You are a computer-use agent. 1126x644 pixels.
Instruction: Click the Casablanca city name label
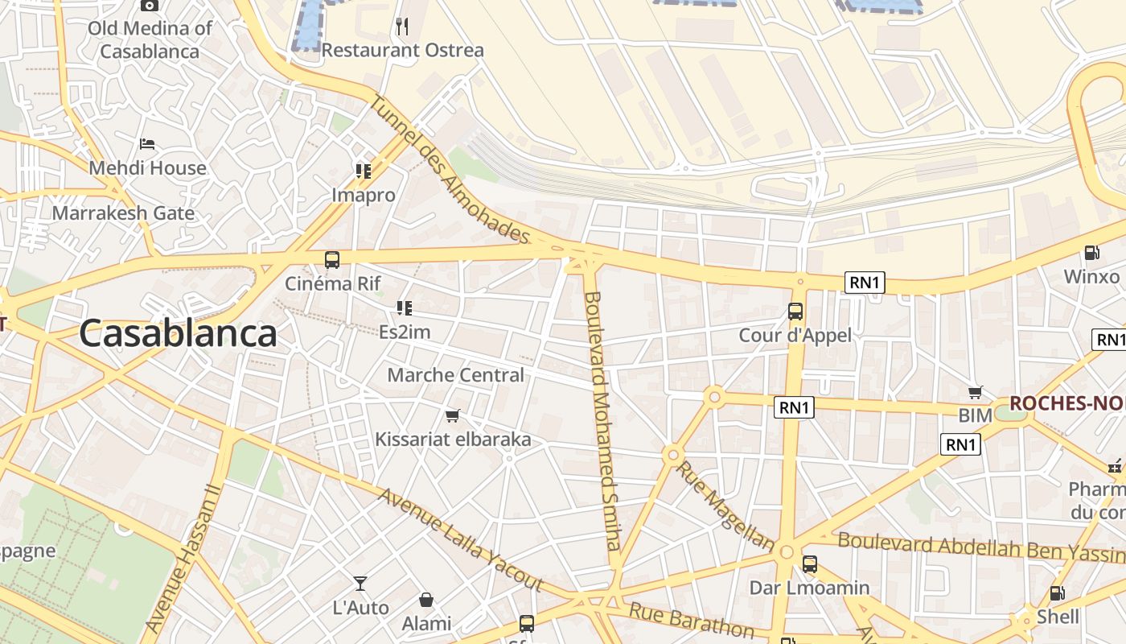(x=178, y=333)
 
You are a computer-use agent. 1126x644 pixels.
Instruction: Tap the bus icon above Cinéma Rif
(x=331, y=260)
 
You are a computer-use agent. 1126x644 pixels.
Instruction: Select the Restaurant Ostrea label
(x=403, y=50)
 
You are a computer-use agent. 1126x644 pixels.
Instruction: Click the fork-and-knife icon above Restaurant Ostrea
(x=402, y=27)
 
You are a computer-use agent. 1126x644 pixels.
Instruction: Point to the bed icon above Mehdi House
(x=147, y=144)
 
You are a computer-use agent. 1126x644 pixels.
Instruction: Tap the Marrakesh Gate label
(x=123, y=213)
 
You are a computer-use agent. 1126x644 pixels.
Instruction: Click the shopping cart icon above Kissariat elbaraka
(x=452, y=416)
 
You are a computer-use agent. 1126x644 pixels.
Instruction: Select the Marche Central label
(x=455, y=375)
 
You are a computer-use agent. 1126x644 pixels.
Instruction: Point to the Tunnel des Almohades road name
(x=450, y=170)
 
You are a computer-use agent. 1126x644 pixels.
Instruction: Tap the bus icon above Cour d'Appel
(x=795, y=312)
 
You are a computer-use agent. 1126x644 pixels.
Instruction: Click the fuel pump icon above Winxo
(x=1091, y=253)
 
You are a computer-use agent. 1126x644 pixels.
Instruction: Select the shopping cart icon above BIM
(x=976, y=393)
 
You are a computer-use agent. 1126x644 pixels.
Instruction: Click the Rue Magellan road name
(x=725, y=506)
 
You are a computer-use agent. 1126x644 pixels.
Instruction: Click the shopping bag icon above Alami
(x=426, y=600)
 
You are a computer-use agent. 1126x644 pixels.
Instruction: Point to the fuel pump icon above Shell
(x=1057, y=593)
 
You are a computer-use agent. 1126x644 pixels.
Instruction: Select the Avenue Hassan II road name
(x=182, y=557)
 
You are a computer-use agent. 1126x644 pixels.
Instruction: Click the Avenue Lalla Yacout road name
(x=460, y=539)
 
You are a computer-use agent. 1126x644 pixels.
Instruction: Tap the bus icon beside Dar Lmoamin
(x=810, y=564)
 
